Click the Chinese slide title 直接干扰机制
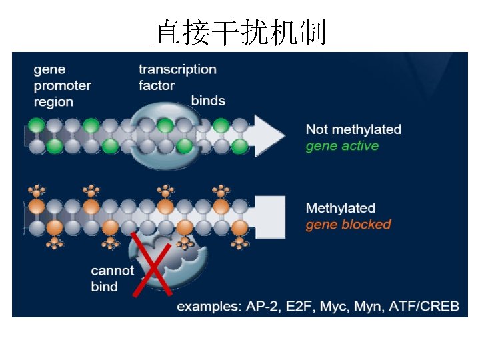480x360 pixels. [x=239, y=32]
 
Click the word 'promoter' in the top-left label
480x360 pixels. [x=63, y=86]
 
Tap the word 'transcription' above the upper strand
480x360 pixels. [x=177, y=69]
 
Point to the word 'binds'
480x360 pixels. [x=208, y=101]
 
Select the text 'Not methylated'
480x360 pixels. [x=353, y=129]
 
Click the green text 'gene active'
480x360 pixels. [x=342, y=146]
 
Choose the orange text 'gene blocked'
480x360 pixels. [x=348, y=225]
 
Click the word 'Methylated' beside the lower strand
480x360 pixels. [x=340, y=208]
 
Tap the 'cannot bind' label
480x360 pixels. [x=112, y=279]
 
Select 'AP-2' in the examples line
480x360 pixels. [x=263, y=307]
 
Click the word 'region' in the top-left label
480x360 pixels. [x=53, y=102]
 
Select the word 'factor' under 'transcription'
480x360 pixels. [x=156, y=85]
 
